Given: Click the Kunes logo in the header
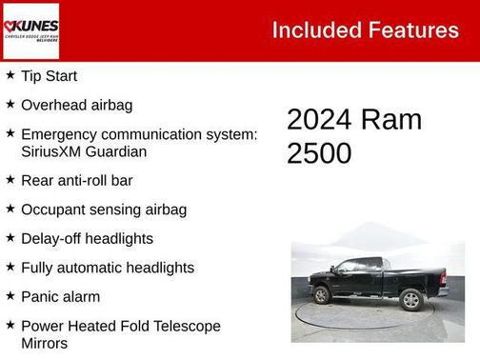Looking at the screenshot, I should [x=30, y=30].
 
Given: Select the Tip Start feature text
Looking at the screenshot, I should [x=49, y=76].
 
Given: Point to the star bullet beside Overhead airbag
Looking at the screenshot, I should [x=10, y=104].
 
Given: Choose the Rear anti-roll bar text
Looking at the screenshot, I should [x=76, y=180].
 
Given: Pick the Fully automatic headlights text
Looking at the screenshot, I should [x=107, y=268].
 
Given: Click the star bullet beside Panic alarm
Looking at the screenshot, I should [x=10, y=296].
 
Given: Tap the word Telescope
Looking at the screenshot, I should [x=181, y=326].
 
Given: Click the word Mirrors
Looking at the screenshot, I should [x=44, y=343].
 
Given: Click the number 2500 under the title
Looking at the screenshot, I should [x=319, y=153].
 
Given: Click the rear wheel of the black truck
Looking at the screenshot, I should [x=411, y=300].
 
